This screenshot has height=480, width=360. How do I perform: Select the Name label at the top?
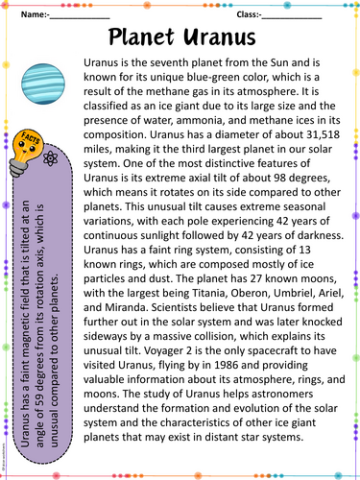[31, 15]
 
